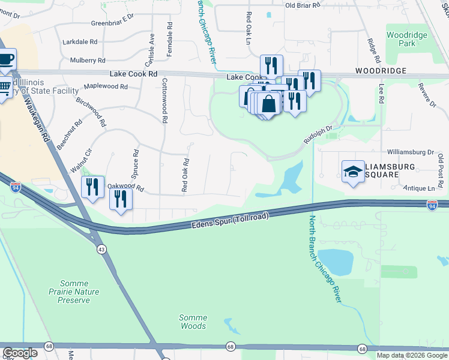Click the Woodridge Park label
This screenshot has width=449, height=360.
point(406,40)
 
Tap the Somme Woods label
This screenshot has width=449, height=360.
point(193,322)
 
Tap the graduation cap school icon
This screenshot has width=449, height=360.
point(353,172)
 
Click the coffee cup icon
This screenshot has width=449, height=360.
point(6,59)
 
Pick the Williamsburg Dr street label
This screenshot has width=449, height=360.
point(410,152)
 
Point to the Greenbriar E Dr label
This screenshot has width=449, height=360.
point(111,23)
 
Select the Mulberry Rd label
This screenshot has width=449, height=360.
point(88,61)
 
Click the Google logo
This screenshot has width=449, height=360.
point(20,353)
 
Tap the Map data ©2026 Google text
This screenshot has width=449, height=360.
point(411,355)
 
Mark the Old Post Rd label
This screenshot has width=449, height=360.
point(441,165)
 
